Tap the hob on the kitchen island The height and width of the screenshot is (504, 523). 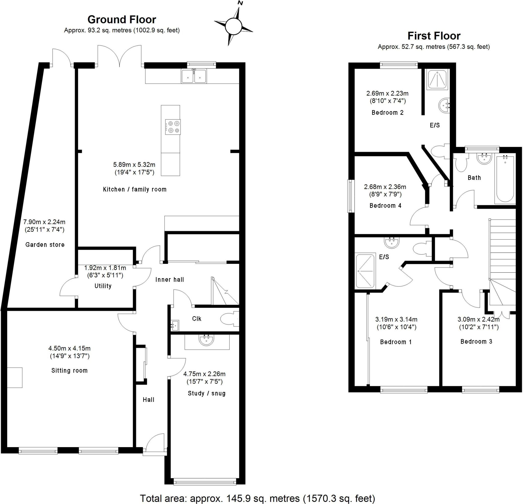pyautogui.click(x=173, y=127)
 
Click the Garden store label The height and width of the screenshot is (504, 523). pyautogui.click(x=45, y=244)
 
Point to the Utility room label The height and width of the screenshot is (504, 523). pyautogui.click(x=103, y=286)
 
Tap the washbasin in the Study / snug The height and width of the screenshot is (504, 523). pyautogui.click(x=206, y=340)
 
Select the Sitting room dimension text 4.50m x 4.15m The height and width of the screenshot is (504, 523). pyautogui.click(x=69, y=348)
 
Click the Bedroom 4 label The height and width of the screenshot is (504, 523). pyautogui.click(x=385, y=206)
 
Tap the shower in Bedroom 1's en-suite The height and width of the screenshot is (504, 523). pyautogui.click(x=365, y=271)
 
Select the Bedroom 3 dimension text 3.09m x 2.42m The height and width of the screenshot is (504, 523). pyautogui.click(x=479, y=319)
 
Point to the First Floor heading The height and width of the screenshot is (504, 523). pyautogui.click(x=434, y=36)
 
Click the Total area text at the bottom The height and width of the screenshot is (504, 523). pyautogui.click(x=257, y=498)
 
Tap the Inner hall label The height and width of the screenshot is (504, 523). pyautogui.click(x=170, y=279)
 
